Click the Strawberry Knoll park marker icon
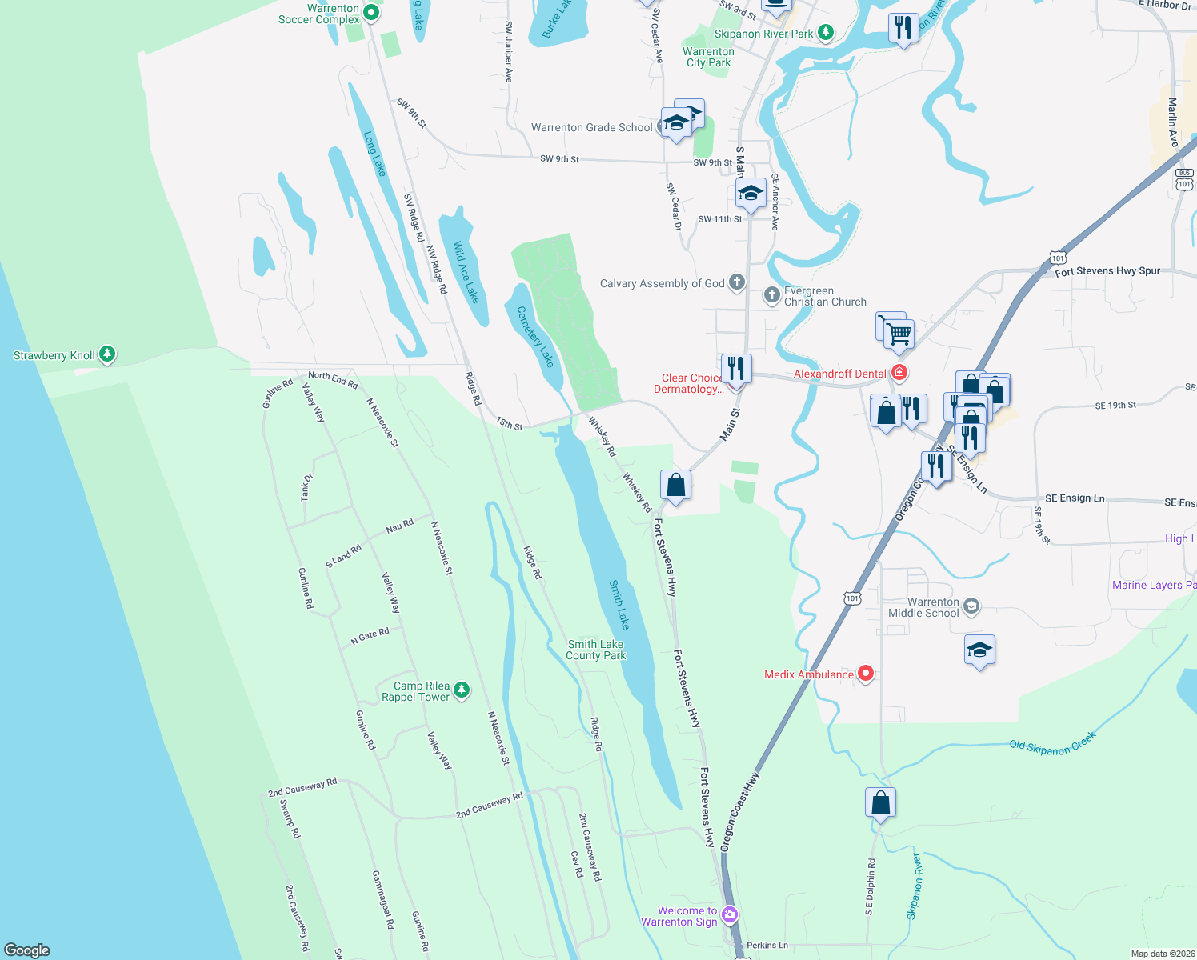coord(107,354)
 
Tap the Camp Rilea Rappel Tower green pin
coord(461,690)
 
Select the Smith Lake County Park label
coord(595,650)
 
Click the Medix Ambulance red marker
coord(865,674)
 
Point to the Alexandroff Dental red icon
coord(899,373)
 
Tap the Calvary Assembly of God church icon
coord(737,282)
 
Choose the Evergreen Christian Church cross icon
coord(771,295)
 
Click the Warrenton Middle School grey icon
coord(971,606)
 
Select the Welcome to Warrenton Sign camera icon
coord(729,914)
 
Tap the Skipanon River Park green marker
coord(826,33)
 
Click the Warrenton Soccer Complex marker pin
coord(371,13)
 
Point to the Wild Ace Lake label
coord(466,272)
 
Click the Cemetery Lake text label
coord(535,336)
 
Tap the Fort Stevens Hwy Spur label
coord(1107,271)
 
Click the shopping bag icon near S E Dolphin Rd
coord(880,802)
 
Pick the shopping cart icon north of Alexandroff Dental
coord(899,334)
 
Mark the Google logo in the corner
coord(27,950)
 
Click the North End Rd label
coord(333,379)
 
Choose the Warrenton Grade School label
coord(591,127)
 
